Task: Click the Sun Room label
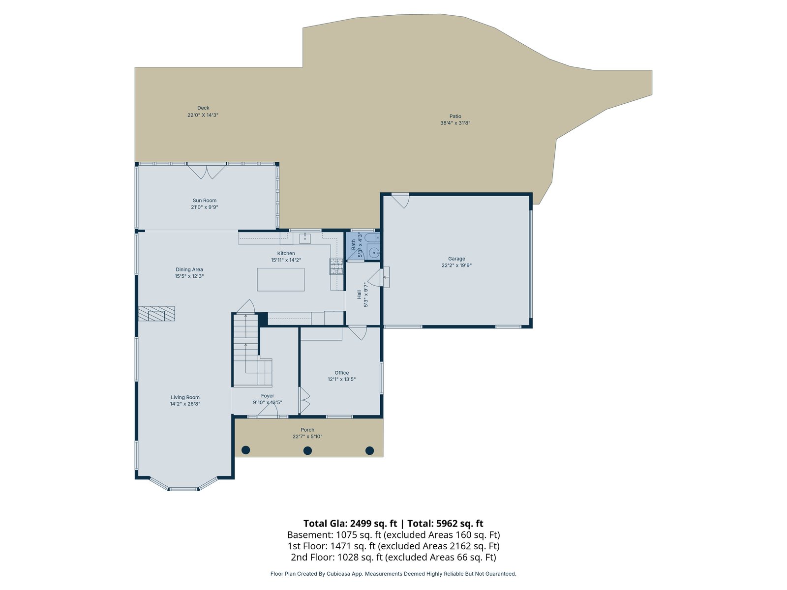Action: click(x=204, y=201)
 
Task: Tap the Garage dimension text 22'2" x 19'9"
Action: click(x=456, y=265)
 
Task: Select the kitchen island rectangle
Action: click(x=281, y=279)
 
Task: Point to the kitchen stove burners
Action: click(x=336, y=266)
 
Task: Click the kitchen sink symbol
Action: click(x=305, y=238)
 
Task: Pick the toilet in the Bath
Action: click(x=372, y=237)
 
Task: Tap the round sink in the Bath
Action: click(x=374, y=253)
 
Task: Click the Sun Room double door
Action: click(x=207, y=171)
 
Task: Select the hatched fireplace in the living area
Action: click(x=157, y=314)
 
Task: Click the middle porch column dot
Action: click(x=307, y=451)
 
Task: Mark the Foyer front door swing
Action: click(x=268, y=410)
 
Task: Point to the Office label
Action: click(x=342, y=373)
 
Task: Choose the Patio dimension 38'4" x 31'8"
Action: click(x=455, y=123)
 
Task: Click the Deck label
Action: click(x=203, y=108)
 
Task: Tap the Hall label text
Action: click(x=359, y=295)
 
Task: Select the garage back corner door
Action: click(x=400, y=201)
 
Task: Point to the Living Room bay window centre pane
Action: click(x=183, y=489)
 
